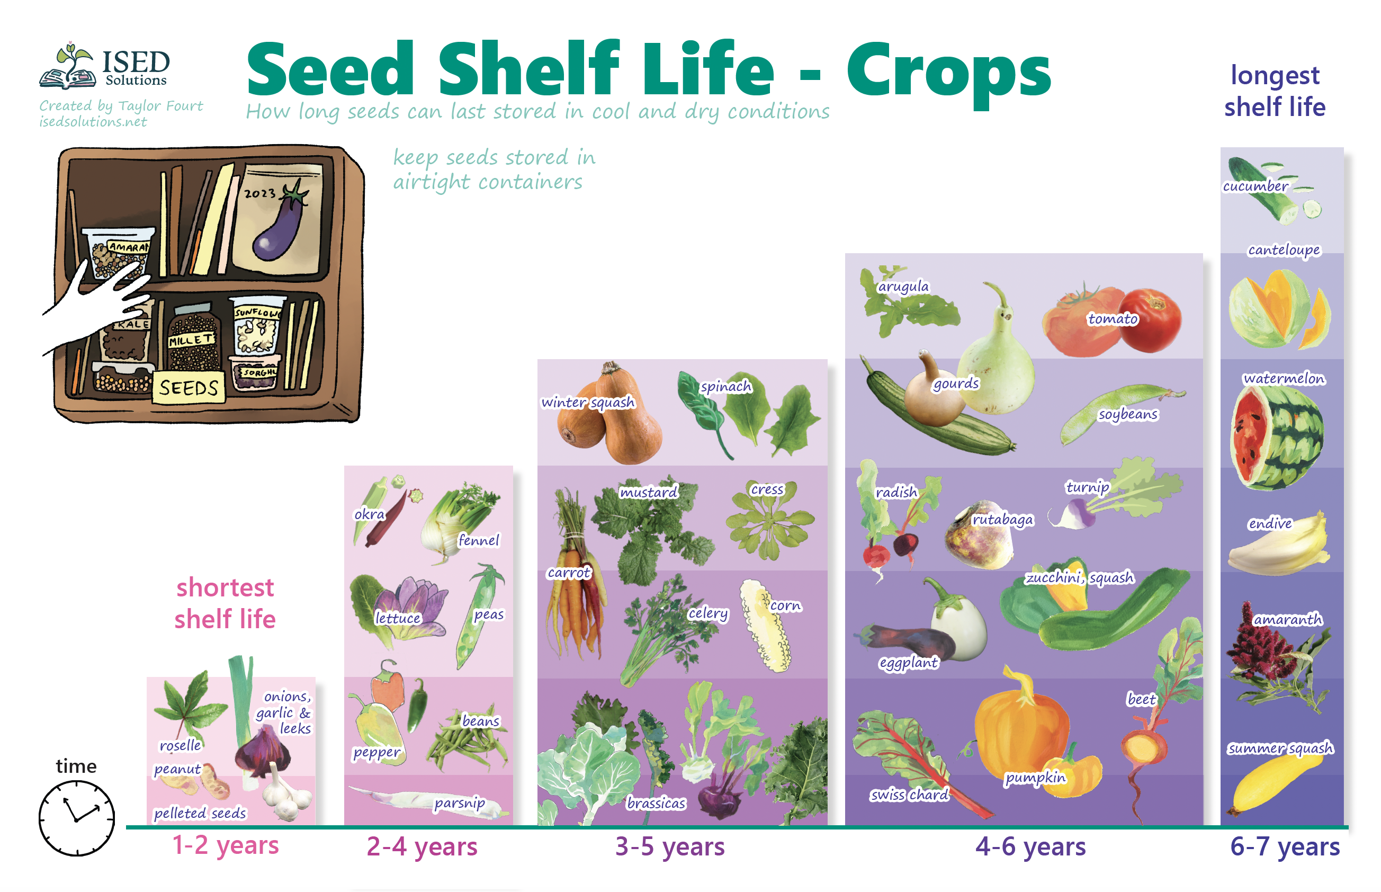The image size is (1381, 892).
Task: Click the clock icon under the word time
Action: (76, 817)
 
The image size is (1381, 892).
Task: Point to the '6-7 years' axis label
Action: (1284, 846)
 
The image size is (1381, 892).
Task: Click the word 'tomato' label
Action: (1113, 318)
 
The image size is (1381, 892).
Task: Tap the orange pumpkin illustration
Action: (1022, 724)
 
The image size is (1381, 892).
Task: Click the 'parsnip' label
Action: (460, 803)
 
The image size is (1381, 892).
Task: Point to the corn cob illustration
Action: (765, 626)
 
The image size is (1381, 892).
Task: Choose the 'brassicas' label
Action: (656, 803)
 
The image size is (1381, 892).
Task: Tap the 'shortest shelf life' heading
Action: (225, 603)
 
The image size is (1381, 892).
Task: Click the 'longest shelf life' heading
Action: (1275, 91)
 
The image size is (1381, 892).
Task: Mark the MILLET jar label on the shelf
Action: (192, 340)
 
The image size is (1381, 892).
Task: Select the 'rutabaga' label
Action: (1002, 520)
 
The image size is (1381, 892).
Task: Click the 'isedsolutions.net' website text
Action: (93, 122)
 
